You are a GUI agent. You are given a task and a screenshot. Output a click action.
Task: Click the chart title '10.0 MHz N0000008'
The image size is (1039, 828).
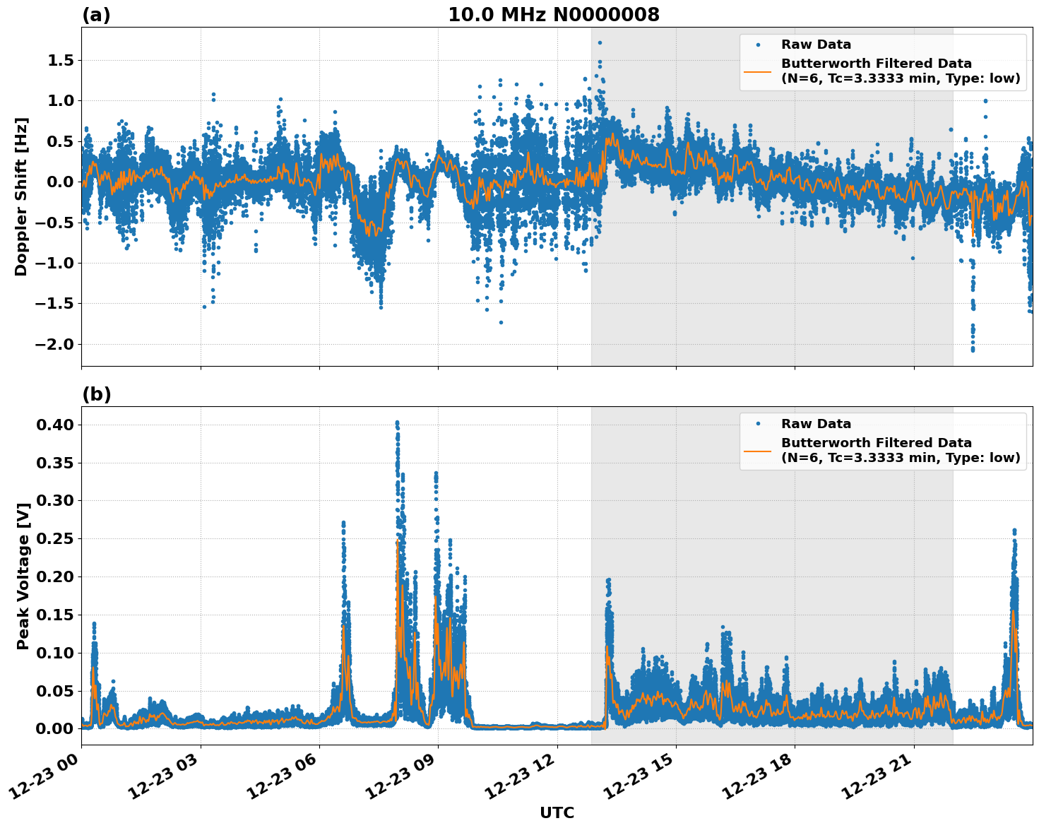click(x=553, y=15)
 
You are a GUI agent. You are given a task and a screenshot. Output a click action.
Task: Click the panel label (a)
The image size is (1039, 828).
click(x=96, y=15)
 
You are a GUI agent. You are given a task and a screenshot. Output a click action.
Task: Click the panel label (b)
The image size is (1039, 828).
click(x=96, y=394)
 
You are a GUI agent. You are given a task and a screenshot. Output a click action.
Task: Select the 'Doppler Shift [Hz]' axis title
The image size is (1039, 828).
click(x=21, y=196)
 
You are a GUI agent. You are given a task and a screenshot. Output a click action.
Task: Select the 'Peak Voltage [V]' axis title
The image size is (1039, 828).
click(x=23, y=576)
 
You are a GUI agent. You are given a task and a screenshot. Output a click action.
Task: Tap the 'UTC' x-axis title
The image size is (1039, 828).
click(x=557, y=813)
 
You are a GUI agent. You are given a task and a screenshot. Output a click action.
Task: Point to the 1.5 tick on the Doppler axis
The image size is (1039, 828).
click(x=61, y=61)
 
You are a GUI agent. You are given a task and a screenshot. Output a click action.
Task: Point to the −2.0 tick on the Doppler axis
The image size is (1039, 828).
click(x=56, y=344)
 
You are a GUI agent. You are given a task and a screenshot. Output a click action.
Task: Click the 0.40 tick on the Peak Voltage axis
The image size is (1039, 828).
click(x=55, y=425)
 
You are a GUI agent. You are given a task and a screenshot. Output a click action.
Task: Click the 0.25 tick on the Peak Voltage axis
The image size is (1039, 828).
click(x=55, y=538)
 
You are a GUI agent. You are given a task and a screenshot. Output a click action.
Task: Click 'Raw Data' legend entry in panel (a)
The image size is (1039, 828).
click(x=816, y=45)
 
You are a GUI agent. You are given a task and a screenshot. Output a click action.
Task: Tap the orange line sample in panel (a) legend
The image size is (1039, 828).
click(x=758, y=71)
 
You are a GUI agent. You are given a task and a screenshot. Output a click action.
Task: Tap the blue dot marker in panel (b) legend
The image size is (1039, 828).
click(x=758, y=424)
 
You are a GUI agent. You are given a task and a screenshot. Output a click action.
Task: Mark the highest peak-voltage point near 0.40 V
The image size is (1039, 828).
click(x=397, y=422)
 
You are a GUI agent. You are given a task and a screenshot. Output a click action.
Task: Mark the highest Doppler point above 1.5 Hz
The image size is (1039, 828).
click(x=600, y=42)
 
